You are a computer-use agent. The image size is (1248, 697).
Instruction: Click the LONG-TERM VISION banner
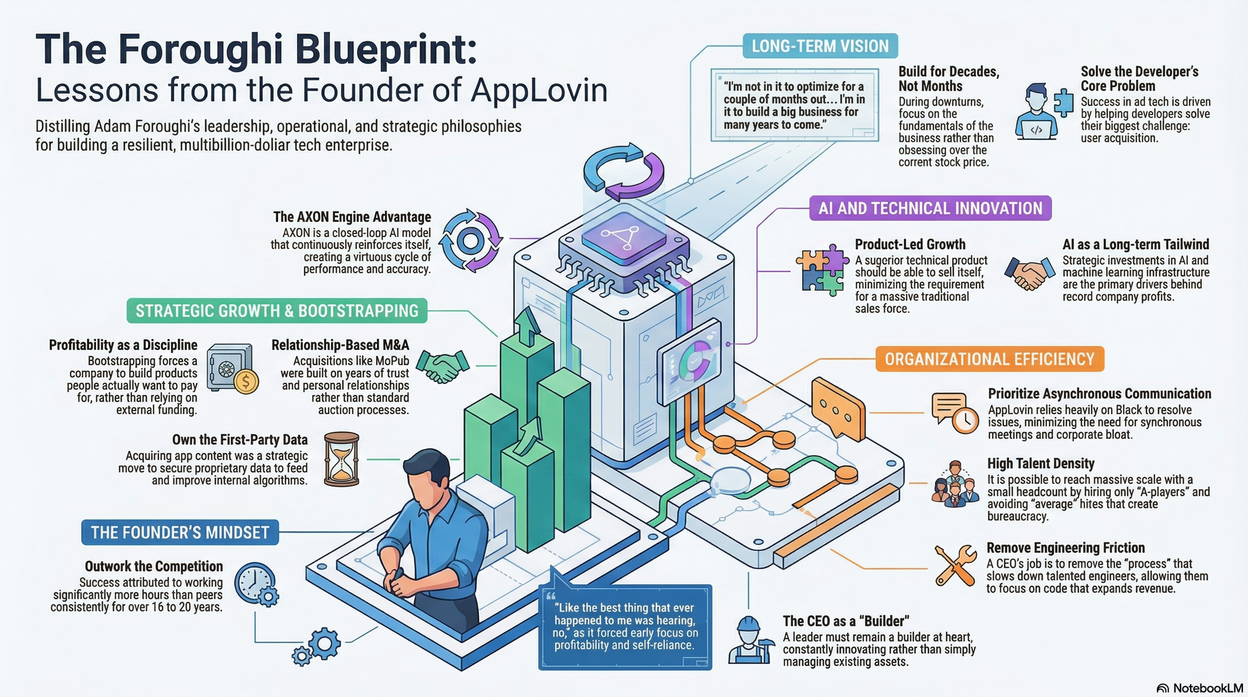[820, 46]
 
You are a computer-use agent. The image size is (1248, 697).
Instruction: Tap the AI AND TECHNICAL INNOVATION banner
[930, 208]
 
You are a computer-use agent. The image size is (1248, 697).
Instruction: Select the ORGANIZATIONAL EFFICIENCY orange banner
[989, 359]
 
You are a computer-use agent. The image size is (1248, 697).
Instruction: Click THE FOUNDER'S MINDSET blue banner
[180, 532]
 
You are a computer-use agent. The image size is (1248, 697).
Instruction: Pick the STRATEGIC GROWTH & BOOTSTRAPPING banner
[276, 310]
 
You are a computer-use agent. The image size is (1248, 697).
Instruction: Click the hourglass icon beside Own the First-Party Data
[342, 459]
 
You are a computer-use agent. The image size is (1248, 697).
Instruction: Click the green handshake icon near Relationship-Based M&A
[442, 366]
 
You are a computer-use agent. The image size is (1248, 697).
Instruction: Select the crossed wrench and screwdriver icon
[955, 565]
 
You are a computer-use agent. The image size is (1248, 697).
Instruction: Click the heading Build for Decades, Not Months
[948, 79]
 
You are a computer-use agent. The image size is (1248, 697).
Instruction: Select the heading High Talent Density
[1040, 463]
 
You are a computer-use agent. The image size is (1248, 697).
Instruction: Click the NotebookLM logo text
[1207, 688]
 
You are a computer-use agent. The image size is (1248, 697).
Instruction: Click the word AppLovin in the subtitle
[539, 90]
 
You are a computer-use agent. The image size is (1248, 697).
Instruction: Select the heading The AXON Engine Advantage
[352, 217]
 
